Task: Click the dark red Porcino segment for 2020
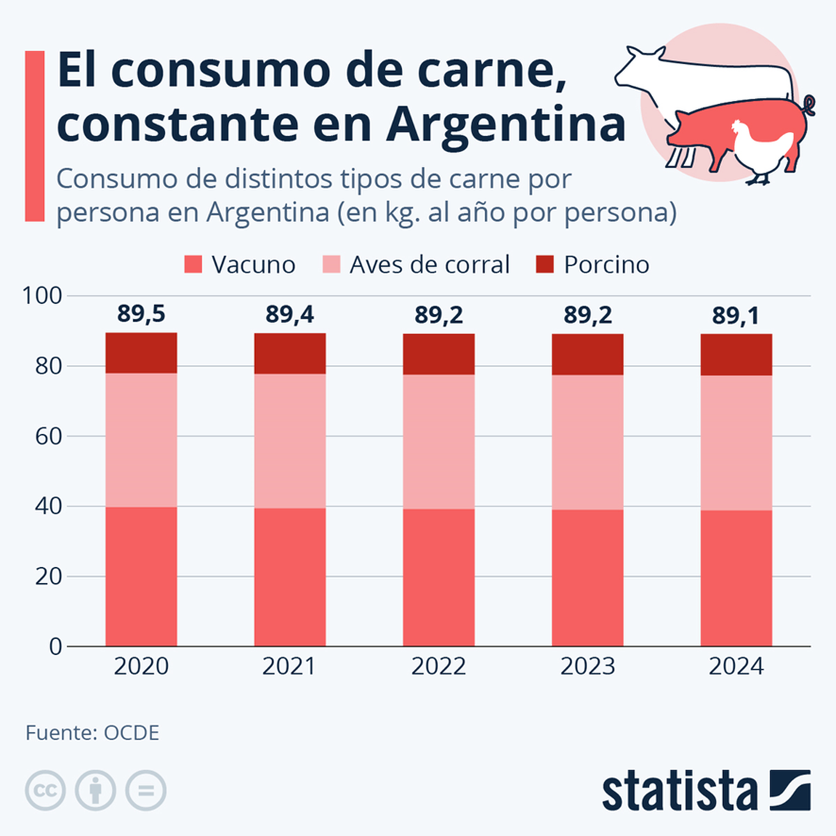[x=141, y=353]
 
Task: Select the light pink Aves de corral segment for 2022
[x=439, y=442]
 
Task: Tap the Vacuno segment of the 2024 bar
[x=736, y=578]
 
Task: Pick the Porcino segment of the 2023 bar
[x=587, y=355]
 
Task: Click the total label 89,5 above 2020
[x=141, y=314]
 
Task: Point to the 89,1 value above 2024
[x=736, y=316]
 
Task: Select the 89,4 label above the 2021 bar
[x=290, y=315]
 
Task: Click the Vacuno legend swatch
[x=193, y=265]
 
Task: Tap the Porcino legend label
[x=606, y=265]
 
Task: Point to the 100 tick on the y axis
[x=42, y=295]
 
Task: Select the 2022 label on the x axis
[x=439, y=667]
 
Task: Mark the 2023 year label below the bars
[x=587, y=667]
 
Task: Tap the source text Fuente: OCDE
[x=93, y=733]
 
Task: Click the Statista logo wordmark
[x=679, y=791]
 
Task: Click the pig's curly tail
[x=808, y=107]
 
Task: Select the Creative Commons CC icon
[x=45, y=791]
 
